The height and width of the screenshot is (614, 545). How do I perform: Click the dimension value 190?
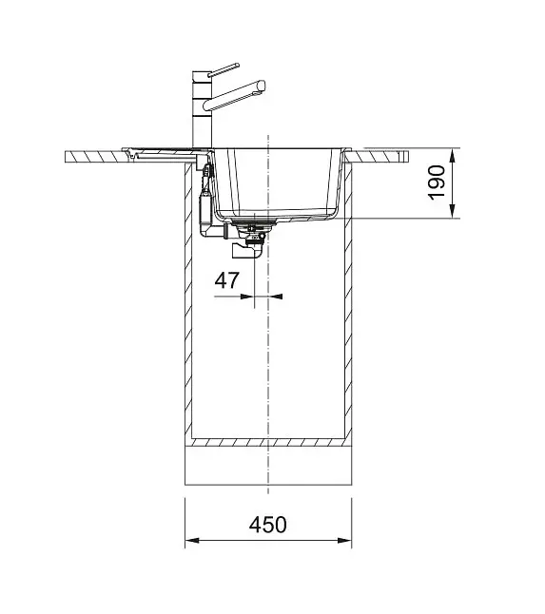coord(437,182)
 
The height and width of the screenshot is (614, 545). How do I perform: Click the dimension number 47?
coord(227,280)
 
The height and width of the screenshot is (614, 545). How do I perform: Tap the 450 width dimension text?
coord(268,525)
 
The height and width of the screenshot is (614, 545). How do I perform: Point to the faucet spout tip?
coord(262,86)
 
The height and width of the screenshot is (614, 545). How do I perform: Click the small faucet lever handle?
coord(224,69)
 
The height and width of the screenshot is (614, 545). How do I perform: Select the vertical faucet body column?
coord(203,110)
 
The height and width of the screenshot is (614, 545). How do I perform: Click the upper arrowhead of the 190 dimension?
coord(453,156)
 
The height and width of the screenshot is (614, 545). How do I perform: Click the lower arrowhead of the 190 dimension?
coord(453,210)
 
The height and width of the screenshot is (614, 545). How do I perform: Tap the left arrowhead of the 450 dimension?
coord(192,541)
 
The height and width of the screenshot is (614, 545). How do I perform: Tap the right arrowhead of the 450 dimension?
coord(344,541)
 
